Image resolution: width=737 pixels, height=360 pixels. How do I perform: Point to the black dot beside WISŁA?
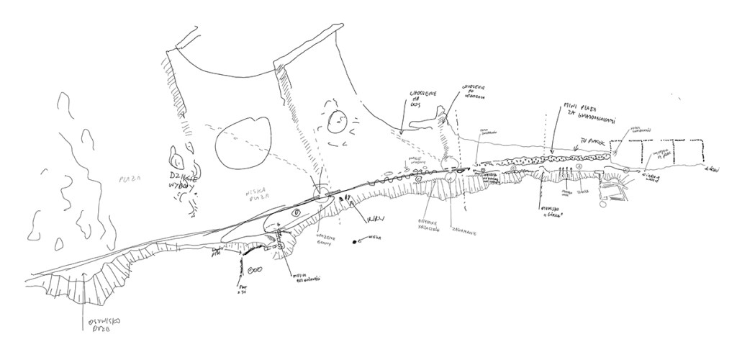pos(356,242)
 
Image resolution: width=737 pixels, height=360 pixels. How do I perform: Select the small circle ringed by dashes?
pos(337,122)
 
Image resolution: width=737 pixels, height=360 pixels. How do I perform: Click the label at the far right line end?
pos(714,170)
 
